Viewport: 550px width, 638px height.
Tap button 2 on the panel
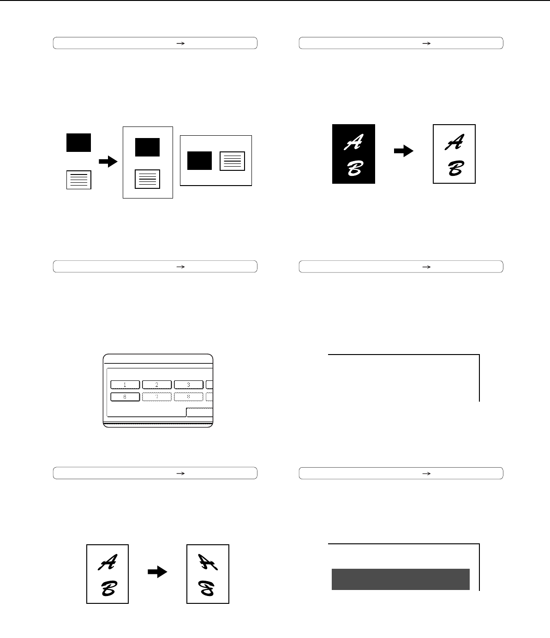[x=157, y=385]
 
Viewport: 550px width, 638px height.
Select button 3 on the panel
[x=188, y=385]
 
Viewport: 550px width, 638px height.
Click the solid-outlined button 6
[x=125, y=397]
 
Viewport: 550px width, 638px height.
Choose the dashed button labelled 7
[x=157, y=397]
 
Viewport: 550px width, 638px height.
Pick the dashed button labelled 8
[x=188, y=397]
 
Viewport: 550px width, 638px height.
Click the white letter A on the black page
[x=353, y=142]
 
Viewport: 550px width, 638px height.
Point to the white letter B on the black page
[x=355, y=168]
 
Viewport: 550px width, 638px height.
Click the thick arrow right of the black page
[x=403, y=151]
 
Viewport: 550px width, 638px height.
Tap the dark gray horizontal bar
[x=401, y=579]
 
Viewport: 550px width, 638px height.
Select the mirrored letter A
[x=208, y=562]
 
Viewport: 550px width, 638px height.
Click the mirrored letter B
[x=207, y=588]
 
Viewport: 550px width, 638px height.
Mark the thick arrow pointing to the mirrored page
[x=157, y=572]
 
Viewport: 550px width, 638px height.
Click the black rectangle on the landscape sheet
[x=200, y=161]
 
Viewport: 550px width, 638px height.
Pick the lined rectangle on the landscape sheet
[x=232, y=161]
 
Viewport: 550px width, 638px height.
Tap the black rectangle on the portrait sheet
[x=148, y=147]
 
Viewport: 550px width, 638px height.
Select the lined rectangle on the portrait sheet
[x=148, y=179]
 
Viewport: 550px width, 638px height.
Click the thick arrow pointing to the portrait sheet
[x=108, y=162]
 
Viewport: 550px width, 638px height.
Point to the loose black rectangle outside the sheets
[x=78, y=143]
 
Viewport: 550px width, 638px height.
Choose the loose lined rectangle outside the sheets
[x=79, y=180]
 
